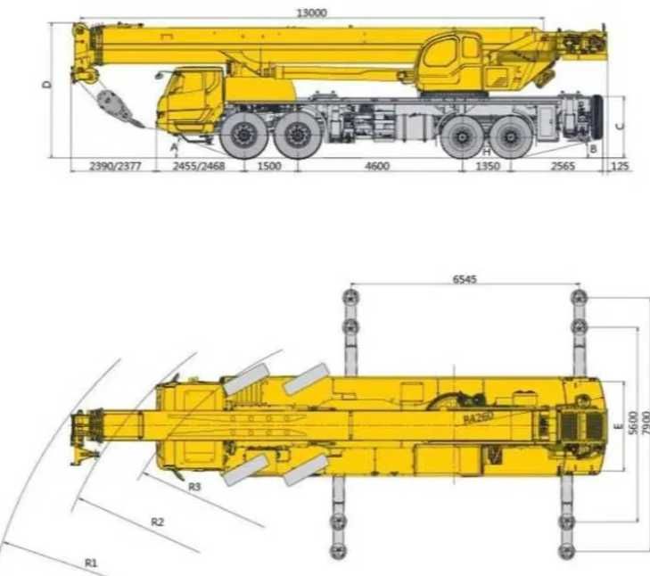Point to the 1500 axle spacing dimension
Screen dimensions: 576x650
268,167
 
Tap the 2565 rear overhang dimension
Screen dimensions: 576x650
562,167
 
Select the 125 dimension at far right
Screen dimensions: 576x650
621,167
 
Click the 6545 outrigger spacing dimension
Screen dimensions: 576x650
465,279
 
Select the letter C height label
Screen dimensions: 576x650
621,124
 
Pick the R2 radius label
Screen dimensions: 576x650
158,522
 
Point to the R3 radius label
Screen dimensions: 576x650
195,487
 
